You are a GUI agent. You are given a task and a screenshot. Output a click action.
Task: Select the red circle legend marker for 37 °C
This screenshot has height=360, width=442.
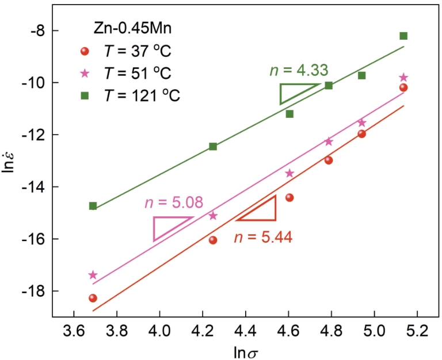85,52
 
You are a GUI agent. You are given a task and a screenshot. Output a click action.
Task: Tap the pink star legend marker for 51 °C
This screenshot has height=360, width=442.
85,74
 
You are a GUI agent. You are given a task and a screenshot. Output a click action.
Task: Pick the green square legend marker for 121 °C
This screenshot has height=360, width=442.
85,95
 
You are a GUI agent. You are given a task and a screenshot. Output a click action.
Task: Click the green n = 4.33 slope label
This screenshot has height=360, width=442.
299,70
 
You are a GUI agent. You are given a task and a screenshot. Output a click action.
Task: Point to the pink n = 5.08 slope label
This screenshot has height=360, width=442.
174,203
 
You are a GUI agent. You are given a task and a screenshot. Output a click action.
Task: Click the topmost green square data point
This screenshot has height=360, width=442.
403,36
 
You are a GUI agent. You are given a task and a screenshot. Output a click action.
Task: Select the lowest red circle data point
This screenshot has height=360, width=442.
93,298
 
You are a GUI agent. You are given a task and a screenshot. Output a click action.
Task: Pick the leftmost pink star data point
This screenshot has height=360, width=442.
93,275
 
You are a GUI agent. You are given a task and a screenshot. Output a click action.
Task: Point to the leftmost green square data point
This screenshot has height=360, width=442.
93,206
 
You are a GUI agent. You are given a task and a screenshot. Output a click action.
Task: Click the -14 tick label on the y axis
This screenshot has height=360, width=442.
36,187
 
